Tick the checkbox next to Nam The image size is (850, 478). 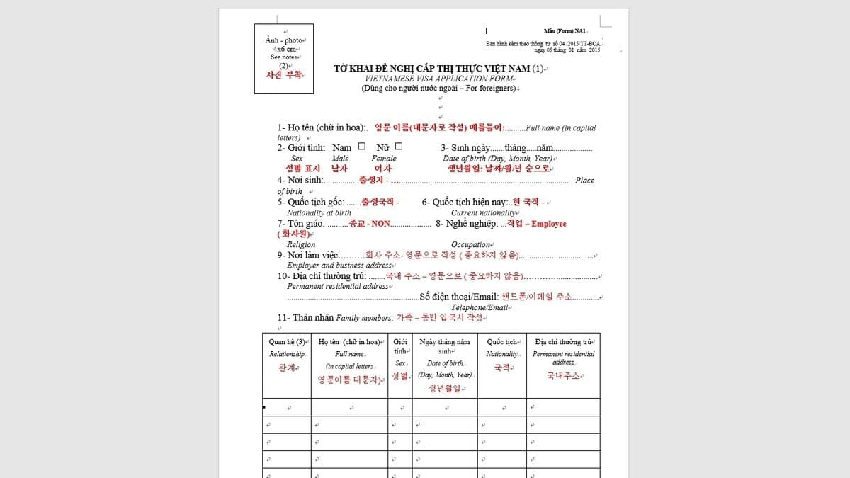click(362, 147)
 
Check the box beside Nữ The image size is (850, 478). click(399, 147)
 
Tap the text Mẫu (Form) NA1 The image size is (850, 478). click(565, 31)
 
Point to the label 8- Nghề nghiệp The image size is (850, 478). click(466, 224)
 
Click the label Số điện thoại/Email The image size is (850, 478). click(459, 297)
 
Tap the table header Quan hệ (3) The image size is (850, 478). click(286, 342)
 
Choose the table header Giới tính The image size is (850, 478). click(399, 346)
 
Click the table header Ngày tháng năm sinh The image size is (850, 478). click(445, 346)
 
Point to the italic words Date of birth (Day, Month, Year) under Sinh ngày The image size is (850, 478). click(497, 159)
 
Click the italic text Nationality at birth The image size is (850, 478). click(319, 212)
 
